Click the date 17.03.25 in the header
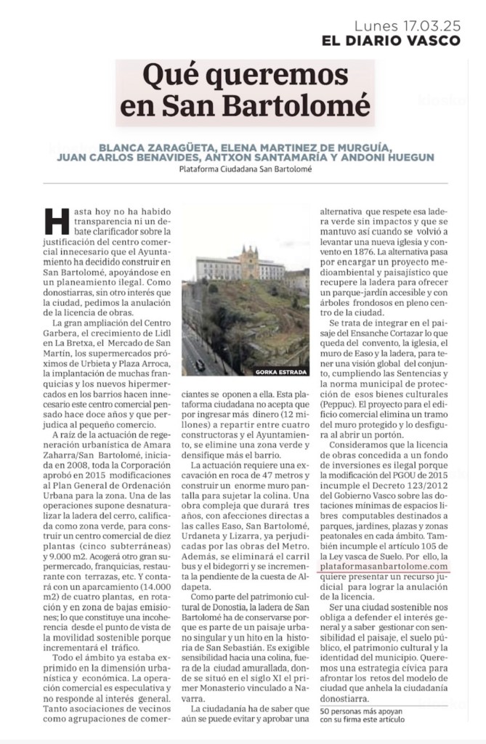(429, 24)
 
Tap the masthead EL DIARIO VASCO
(391, 41)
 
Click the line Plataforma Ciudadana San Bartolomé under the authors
(245, 170)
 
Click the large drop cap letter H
(57, 221)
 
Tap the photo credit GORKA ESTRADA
(282, 371)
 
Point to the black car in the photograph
(199, 365)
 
